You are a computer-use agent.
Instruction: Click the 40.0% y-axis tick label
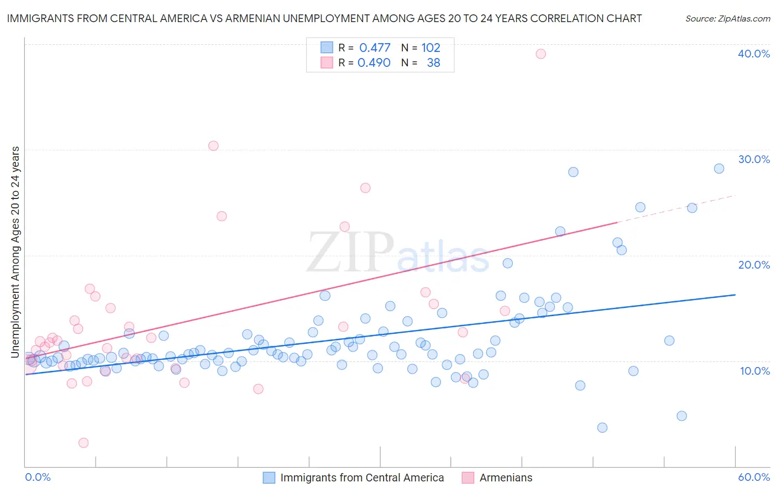click(x=754, y=54)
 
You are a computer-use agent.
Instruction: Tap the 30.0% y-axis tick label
click(x=754, y=159)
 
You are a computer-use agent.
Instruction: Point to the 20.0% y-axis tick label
click(x=754, y=265)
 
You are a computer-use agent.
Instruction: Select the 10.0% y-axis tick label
click(x=755, y=371)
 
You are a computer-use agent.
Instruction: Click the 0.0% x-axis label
click(x=38, y=478)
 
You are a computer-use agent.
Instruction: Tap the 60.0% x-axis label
click(x=754, y=478)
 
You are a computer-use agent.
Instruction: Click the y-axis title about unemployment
click(x=15, y=251)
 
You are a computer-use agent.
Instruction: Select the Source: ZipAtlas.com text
click(x=727, y=19)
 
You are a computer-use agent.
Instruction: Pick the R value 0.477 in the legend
click(x=375, y=48)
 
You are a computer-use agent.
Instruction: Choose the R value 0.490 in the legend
click(x=374, y=63)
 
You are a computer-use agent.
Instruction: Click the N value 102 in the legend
click(x=431, y=48)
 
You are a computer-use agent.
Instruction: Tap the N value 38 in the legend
click(x=434, y=63)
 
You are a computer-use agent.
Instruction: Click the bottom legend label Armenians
click(x=506, y=478)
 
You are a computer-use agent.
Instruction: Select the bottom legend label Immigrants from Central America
click(x=362, y=478)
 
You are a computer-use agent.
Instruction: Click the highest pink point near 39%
click(x=540, y=54)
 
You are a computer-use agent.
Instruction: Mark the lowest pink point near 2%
click(x=83, y=443)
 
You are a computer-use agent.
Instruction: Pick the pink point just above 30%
click(x=213, y=146)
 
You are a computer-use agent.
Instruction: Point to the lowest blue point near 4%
click(x=602, y=428)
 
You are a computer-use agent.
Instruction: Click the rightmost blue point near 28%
click(x=719, y=169)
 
